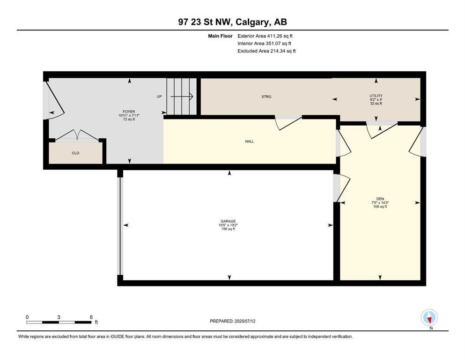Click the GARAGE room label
tap(228, 221)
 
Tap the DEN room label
tap(380, 199)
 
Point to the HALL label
tap(249, 141)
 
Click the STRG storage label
tap(266, 97)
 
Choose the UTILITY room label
tap(376, 96)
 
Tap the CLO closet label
tap(75, 153)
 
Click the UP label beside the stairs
tap(159, 97)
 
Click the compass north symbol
tap(429, 318)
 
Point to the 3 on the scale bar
tap(59, 317)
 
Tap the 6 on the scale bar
tap(91, 317)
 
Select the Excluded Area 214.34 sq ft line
tap(267, 51)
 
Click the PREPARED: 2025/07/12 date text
tap(233, 321)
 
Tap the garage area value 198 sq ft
tap(228, 229)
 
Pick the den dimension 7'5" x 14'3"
tap(380, 202)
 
